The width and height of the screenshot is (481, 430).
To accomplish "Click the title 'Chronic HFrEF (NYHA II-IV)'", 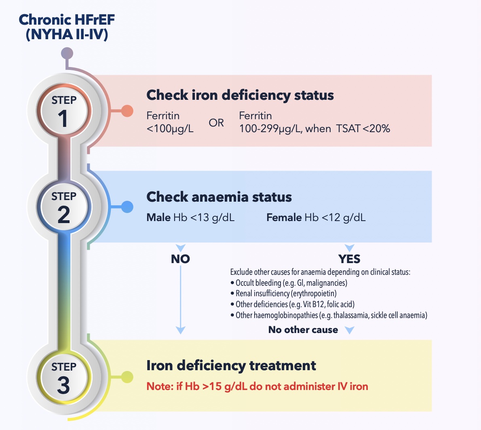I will pyautogui.click(x=67, y=27).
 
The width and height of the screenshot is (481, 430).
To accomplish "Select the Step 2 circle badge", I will pyautogui.click(x=63, y=207).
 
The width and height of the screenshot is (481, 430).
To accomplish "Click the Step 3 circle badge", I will pyautogui.click(x=63, y=377).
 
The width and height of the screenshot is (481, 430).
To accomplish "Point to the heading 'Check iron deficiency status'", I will pyautogui.click(x=240, y=95).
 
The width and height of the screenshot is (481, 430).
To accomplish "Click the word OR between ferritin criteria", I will pyautogui.click(x=216, y=123).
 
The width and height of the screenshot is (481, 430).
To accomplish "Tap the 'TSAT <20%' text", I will pyautogui.click(x=363, y=129).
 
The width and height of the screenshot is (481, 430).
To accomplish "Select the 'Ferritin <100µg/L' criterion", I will pyautogui.click(x=170, y=122).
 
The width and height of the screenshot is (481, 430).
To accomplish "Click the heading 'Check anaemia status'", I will pyautogui.click(x=219, y=197).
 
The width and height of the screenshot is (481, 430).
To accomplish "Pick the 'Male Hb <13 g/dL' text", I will pyautogui.click(x=190, y=218).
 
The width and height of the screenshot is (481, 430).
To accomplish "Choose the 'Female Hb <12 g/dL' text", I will pyautogui.click(x=316, y=218).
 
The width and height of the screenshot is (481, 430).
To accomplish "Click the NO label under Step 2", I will pyautogui.click(x=180, y=259).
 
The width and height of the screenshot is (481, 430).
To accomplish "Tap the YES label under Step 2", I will pyautogui.click(x=349, y=259).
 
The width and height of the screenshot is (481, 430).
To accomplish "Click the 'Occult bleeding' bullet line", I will pyautogui.click(x=289, y=283).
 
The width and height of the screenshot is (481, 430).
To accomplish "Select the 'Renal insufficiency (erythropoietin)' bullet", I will pyautogui.click(x=283, y=293).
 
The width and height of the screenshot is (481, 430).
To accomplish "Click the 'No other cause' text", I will pyautogui.click(x=303, y=330).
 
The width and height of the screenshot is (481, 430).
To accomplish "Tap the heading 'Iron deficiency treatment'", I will pyautogui.click(x=231, y=365).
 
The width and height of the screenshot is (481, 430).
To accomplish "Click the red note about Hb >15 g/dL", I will pyautogui.click(x=257, y=386).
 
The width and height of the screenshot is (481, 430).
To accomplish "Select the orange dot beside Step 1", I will pyautogui.click(x=127, y=111).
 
